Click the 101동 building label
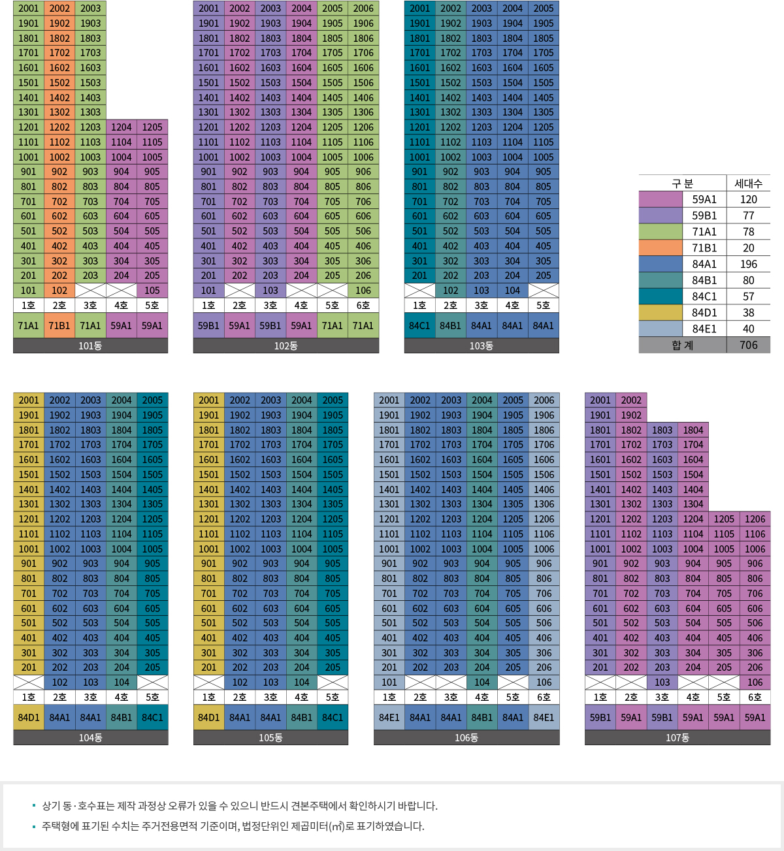(x=90, y=345)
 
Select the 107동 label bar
(x=678, y=737)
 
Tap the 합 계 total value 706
(x=748, y=345)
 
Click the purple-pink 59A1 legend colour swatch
(x=661, y=199)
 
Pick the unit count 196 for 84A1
(x=748, y=264)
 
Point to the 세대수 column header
(x=748, y=184)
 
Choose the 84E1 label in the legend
(x=704, y=329)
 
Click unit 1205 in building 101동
(x=152, y=127)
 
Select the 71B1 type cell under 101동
(x=59, y=325)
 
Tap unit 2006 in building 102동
(x=363, y=8)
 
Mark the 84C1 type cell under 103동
(x=419, y=325)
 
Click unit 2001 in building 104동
(x=29, y=400)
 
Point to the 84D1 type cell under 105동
(x=209, y=717)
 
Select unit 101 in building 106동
(x=389, y=682)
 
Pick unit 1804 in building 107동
(x=693, y=430)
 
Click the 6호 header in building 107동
(x=755, y=697)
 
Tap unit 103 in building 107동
(x=662, y=682)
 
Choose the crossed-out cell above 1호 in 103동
(x=419, y=291)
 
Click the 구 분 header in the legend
(x=682, y=184)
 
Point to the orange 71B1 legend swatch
(x=661, y=248)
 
